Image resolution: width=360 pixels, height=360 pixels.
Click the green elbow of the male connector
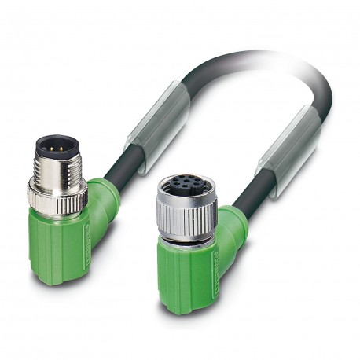click(103, 200)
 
